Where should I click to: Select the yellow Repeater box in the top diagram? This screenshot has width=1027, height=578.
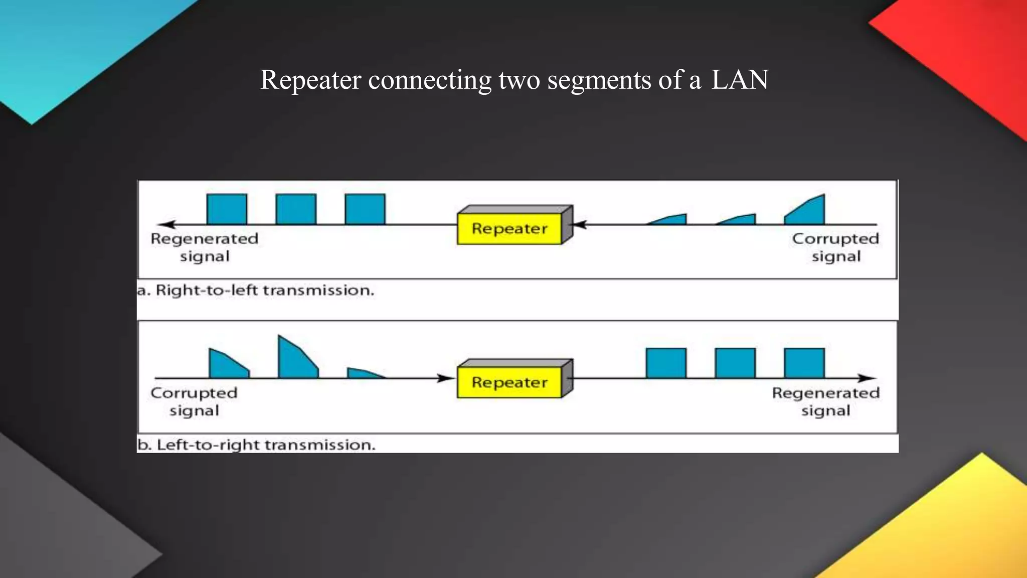click(509, 229)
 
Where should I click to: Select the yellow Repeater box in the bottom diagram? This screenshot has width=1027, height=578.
click(509, 383)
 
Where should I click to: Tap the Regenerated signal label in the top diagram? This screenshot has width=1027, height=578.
click(205, 247)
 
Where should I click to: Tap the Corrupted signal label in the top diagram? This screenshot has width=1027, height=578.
click(835, 247)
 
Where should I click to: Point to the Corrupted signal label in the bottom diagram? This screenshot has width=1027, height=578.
click(194, 401)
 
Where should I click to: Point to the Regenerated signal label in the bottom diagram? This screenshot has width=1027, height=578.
click(825, 401)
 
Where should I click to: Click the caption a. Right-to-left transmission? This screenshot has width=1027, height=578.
click(256, 291)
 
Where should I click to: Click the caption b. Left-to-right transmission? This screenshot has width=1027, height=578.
click(256, 445)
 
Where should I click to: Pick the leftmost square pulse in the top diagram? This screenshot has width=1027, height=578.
click(227, 209)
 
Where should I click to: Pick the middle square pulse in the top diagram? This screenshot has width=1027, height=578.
click(296, 209)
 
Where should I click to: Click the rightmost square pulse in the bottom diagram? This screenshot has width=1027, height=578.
click(804, 363)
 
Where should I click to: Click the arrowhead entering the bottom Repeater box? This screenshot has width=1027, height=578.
click(445, 378)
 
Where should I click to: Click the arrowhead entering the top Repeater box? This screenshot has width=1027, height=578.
click(580, 224)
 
